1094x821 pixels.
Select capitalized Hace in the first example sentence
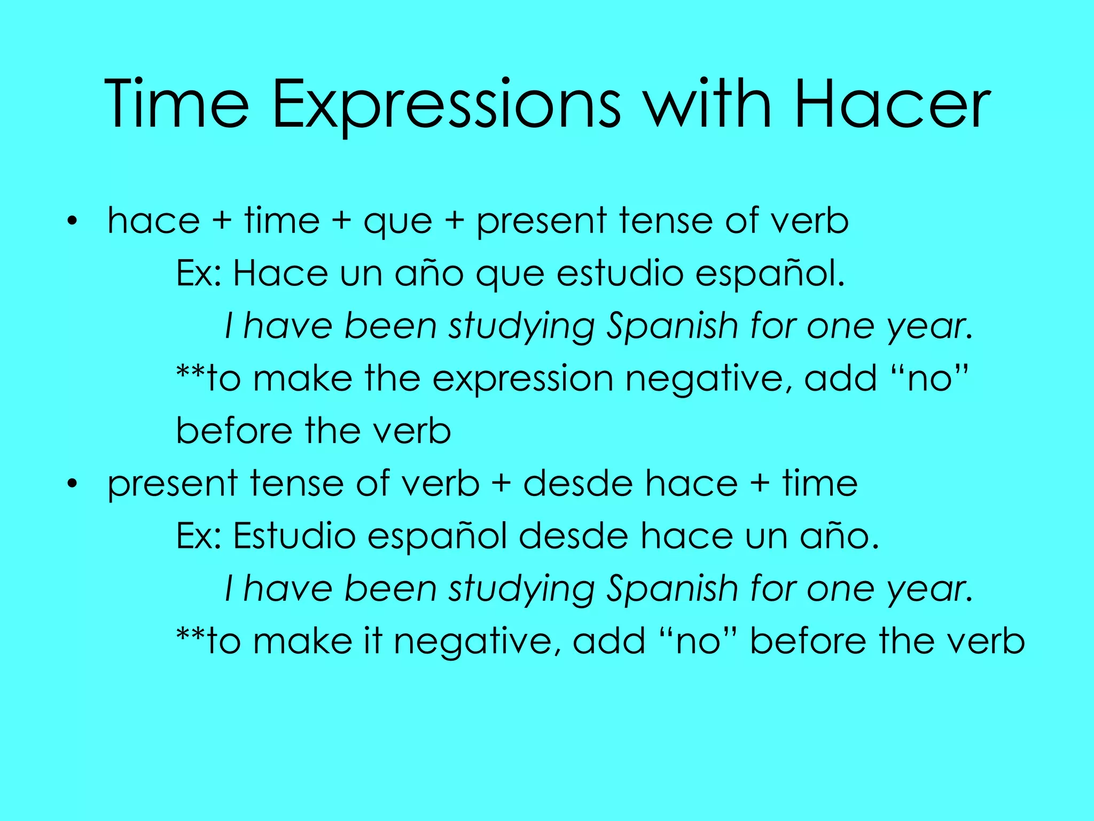(280, 274)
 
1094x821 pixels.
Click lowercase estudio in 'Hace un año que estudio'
(620, 274)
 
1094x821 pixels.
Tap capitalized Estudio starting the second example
(294, 536)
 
